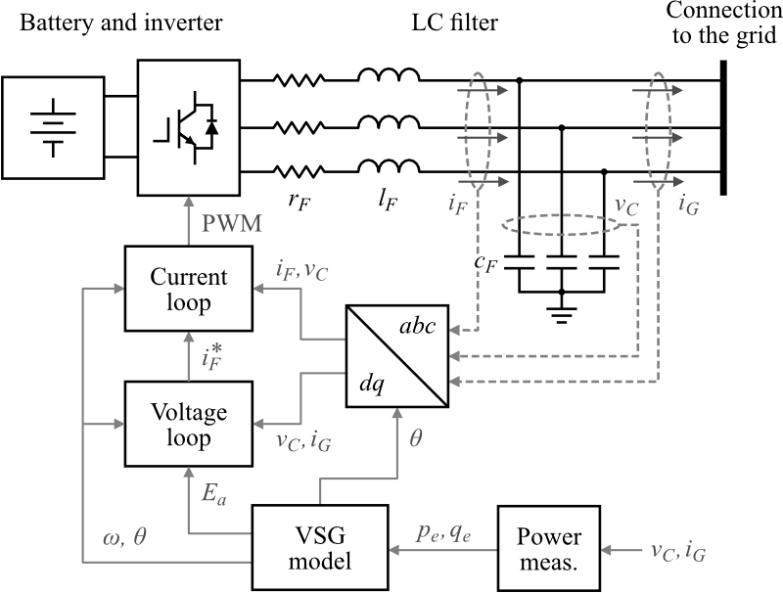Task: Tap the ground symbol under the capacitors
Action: click(562, 314)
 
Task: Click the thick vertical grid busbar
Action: click(722, 127)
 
